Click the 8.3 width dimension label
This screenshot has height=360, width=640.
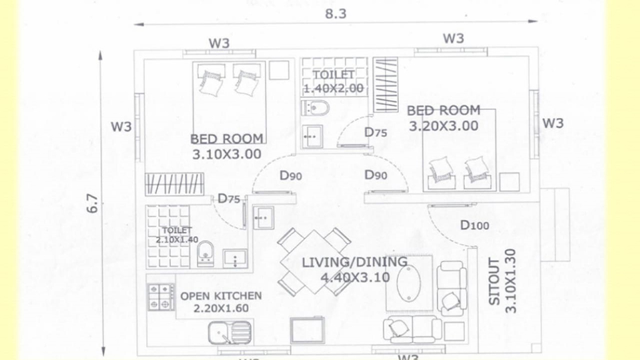tap(336, 14)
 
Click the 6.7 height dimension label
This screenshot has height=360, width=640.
tap(92, 203)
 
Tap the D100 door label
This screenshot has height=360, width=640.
tap(475, 225)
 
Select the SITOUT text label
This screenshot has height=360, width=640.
tap(494, 282)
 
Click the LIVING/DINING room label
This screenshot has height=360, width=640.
tap(355, 262)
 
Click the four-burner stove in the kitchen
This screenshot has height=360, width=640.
tap(161, 297)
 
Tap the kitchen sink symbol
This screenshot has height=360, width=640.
tap(229, 332)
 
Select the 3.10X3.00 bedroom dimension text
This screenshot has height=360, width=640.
tap(226, 154)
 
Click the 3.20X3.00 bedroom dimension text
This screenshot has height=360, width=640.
tap(444, 126)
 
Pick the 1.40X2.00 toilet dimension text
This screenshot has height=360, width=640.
tap(334, 88)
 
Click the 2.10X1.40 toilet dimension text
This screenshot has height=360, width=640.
tap(176, 239)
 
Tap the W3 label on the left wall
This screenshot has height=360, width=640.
tap(121, 126)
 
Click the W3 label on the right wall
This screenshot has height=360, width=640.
tap(553, 123)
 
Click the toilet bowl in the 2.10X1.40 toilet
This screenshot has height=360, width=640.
tap(205, 254)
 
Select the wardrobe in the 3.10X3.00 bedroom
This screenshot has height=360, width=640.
tap(174, 184)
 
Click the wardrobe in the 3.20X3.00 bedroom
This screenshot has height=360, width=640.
tap(386, 84)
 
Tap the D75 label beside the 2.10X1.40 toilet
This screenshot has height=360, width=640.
tap(229, 199)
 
